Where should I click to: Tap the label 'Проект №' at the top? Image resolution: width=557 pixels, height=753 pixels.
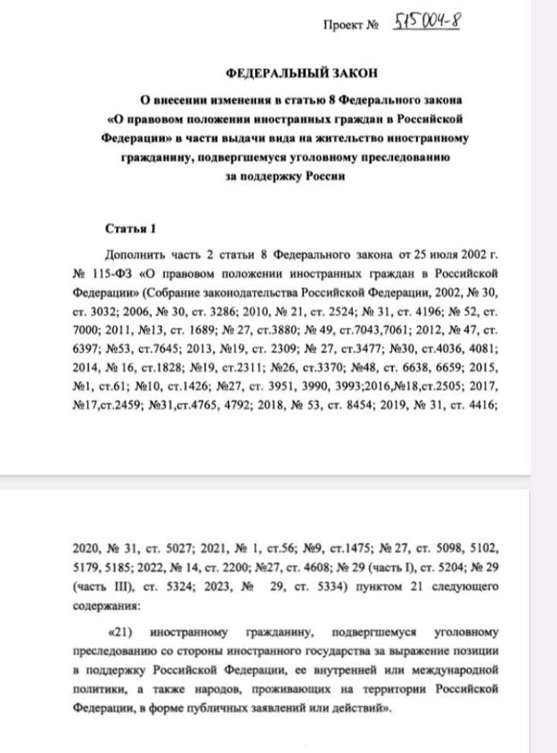point(350,26)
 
